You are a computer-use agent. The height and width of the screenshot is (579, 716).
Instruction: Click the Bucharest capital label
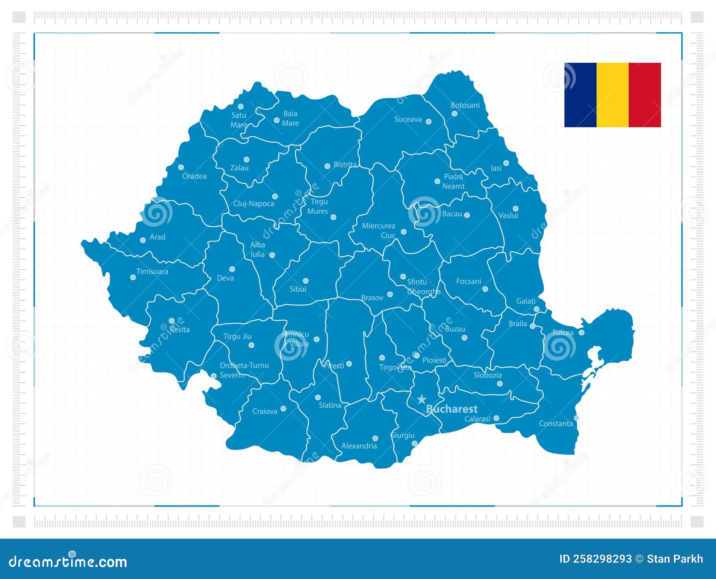pyautogui.click(x=452, y=409)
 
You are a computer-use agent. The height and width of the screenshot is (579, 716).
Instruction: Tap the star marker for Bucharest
pyautogui.click(x=422, y=399)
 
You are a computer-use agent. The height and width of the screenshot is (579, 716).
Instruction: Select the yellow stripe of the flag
pyautogui.click(x=613, y=95)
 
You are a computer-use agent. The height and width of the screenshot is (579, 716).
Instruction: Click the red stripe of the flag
pyautogui.click(x=645, y=95)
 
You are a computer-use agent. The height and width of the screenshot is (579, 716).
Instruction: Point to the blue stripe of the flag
pyautogui.click(x=580, y=95)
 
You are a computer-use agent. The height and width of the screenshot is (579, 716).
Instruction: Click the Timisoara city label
pyautogui.click(x=152, y=272)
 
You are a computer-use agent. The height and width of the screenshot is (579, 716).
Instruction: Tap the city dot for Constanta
pyautogui.click(x=576, y=418)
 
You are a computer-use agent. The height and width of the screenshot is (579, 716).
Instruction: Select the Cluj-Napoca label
pyautogui.click(x=254, y=204)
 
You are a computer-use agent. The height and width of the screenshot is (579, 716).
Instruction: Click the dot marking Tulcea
pyautogui.click(x=582, y=333)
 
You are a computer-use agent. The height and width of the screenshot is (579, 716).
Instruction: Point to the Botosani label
pyautogui.click(x=465, y=105)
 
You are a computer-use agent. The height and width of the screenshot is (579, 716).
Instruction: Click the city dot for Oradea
pyautogui.click(x=181, y=167)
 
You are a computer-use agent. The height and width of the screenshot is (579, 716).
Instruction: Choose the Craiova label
pyautogui.click(x=265, y=411)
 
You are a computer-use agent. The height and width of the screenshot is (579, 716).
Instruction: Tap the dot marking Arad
pyautogui.click(x=143, y=240)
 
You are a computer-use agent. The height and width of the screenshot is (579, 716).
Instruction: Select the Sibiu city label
pyautogui.click(x=298, y=289)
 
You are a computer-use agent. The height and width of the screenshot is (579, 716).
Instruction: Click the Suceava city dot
pyautogui.click(x=428, y=121)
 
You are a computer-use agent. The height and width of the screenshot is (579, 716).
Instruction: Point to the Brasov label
pyautogui.click(x=372, y=298)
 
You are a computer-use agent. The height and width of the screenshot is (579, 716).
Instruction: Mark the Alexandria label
pyautogui.click(x=359, y=446)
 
